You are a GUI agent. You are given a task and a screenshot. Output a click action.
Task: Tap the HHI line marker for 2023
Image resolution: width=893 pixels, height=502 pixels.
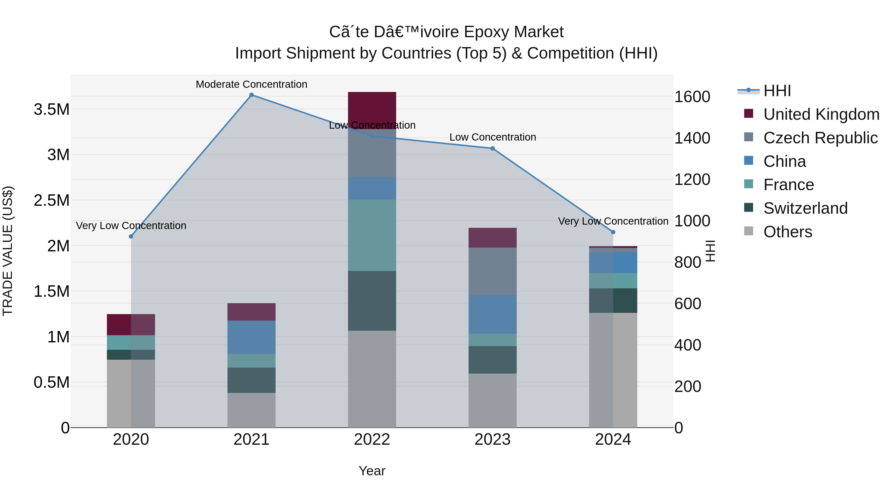coord(492,148)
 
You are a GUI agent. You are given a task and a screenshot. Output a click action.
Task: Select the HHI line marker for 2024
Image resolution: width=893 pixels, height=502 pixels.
coord(613,232)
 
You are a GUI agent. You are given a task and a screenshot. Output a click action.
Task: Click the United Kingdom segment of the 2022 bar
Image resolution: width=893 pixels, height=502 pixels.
coord(372,107)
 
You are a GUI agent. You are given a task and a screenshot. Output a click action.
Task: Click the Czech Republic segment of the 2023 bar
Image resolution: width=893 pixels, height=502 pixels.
coord(492,271)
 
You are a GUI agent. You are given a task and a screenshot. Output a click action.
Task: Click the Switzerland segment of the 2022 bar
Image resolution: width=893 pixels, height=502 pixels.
coord(372,300)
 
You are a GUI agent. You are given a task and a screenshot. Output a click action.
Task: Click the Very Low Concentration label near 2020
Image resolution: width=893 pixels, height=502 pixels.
coord(131,226)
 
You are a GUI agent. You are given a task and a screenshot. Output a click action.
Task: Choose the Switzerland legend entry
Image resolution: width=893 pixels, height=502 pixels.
coord(805,208)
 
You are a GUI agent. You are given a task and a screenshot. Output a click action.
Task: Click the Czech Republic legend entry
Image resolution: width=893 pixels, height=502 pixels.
coord(820,138)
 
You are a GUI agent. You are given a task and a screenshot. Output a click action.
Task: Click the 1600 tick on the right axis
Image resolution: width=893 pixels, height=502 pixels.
coord(692,97)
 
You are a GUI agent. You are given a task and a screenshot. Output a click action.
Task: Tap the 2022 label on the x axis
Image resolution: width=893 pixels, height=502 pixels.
coord(372,440)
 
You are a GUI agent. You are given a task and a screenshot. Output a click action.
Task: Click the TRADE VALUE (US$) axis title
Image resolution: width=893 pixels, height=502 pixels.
coord(8,251)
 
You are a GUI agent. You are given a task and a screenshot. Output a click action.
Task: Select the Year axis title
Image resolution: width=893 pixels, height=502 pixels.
coord(372,471)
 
